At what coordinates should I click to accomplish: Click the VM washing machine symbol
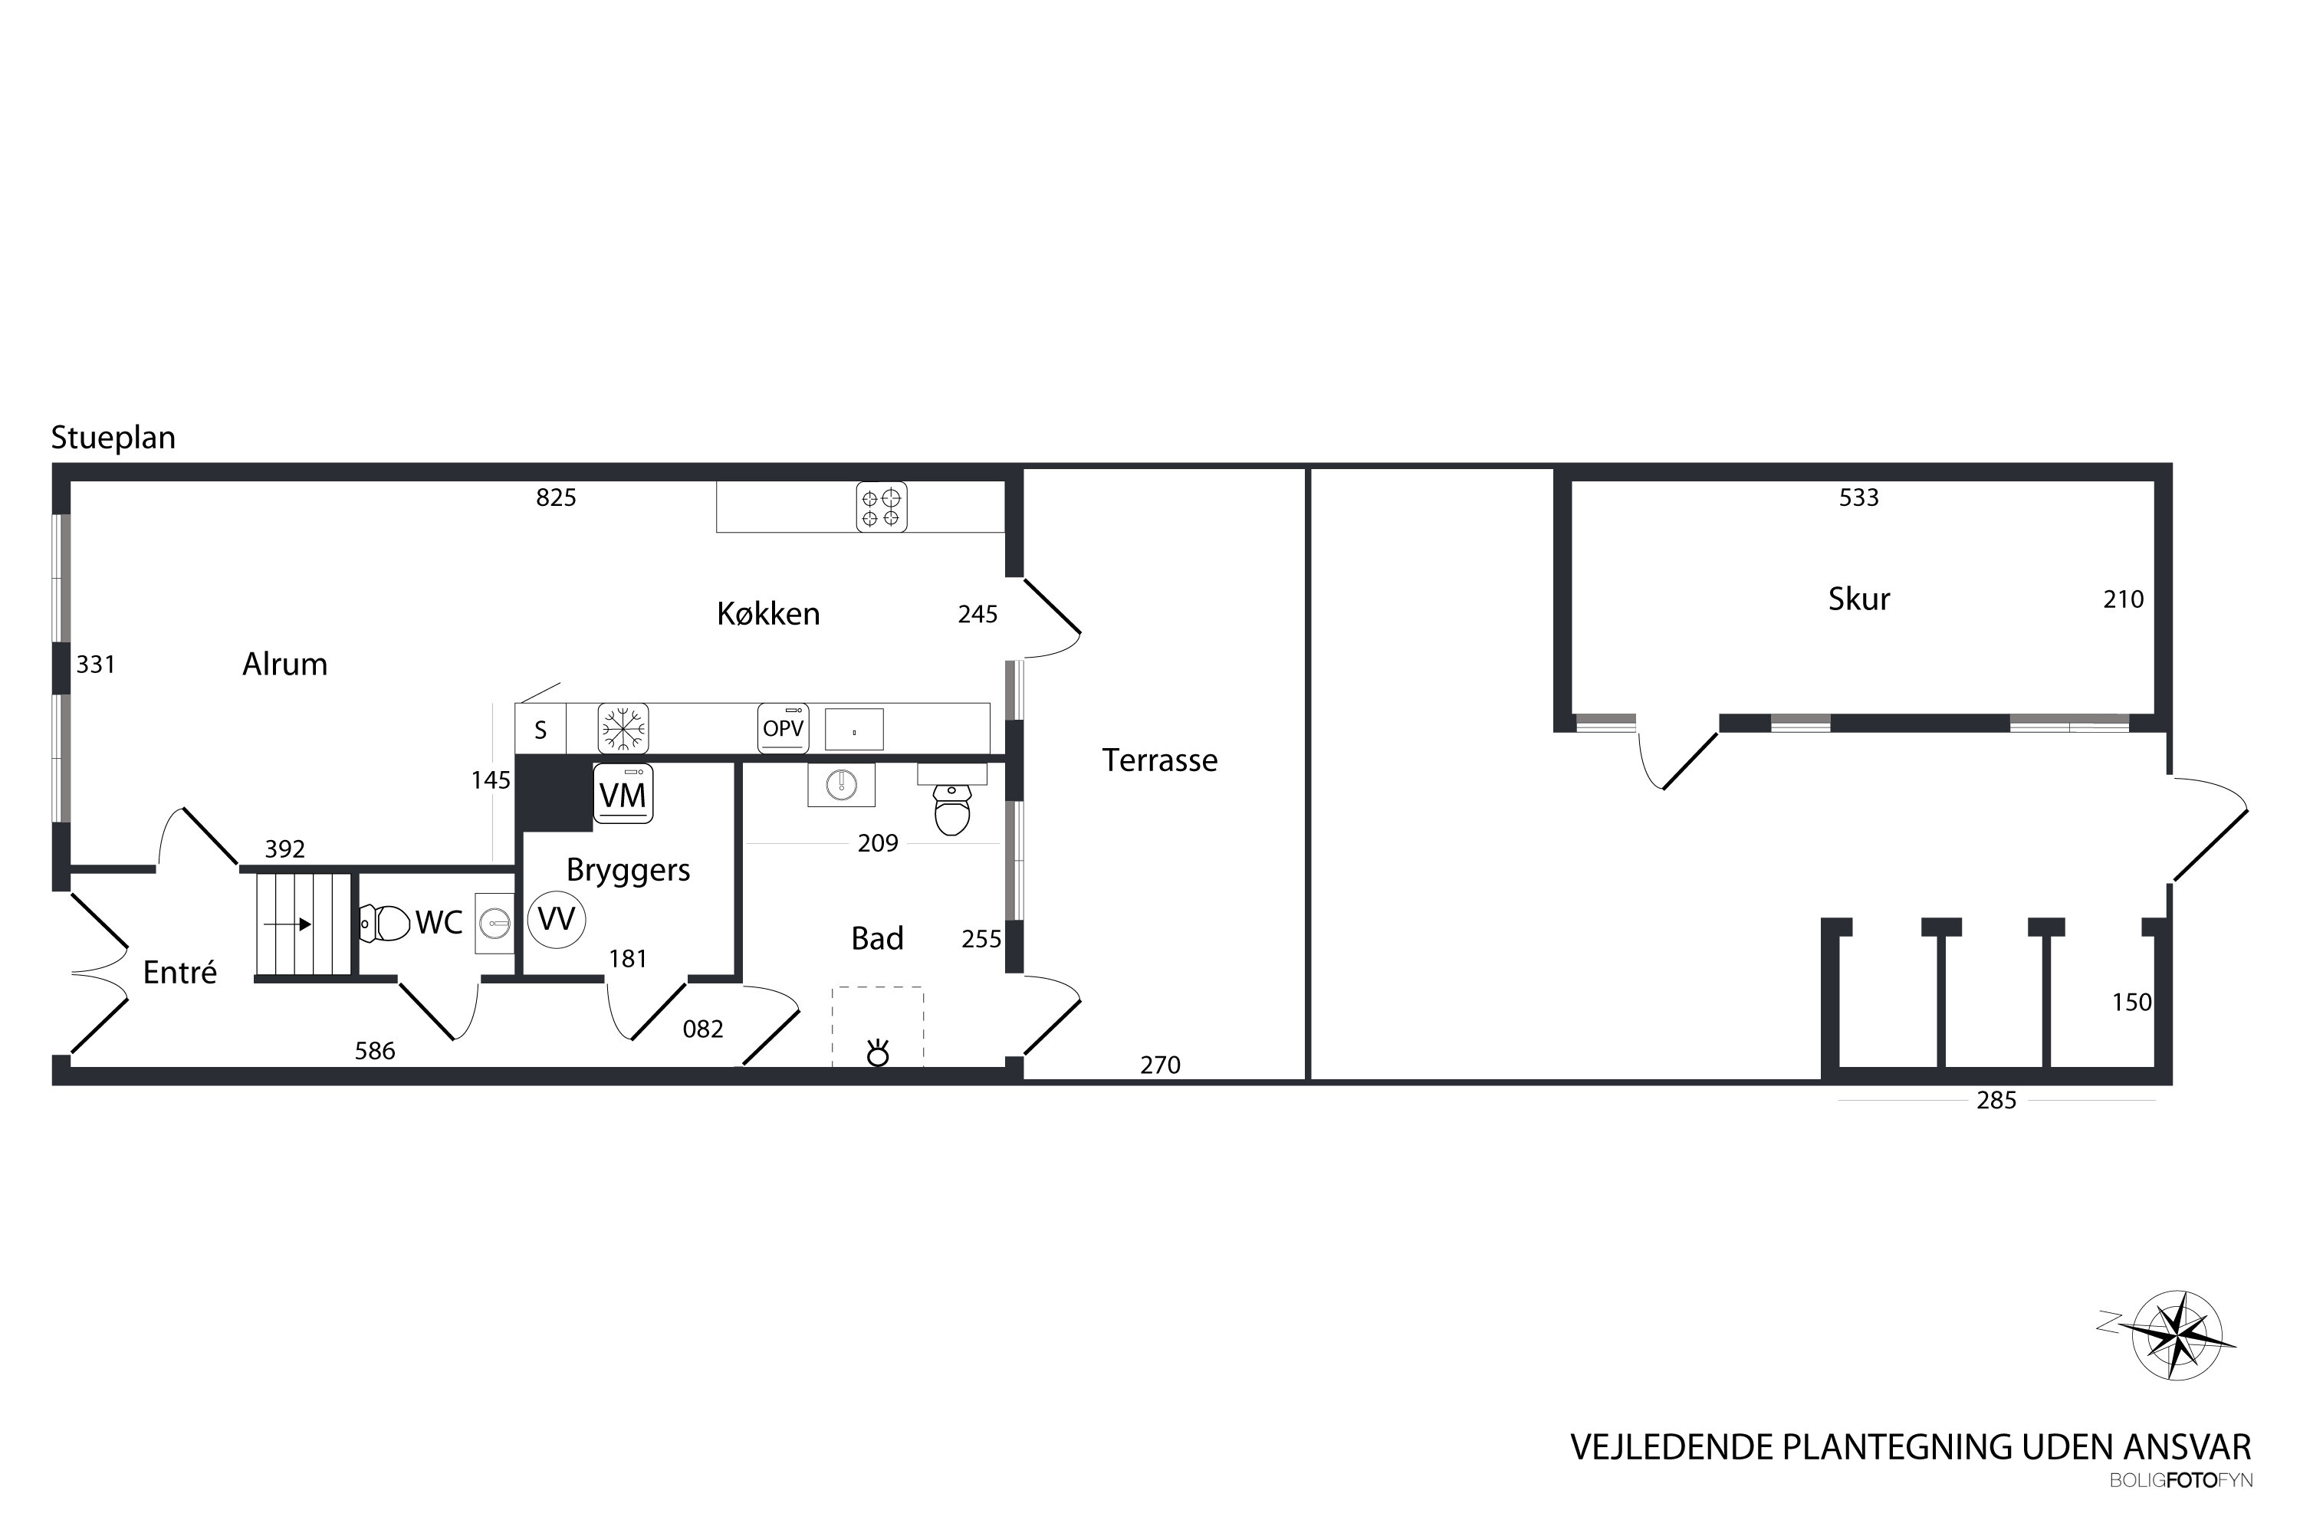point(623,794)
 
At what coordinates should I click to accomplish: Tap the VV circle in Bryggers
point(557,919)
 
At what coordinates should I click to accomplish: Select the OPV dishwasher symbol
point(784,728)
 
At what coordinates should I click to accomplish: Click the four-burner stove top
point(881,507)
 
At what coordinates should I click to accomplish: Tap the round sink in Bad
point(841,784)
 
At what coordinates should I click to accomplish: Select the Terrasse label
point(1160,760)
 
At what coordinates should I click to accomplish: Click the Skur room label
point(1859,599)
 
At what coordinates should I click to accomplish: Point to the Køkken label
point(769,614)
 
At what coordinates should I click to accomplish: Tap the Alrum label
point(284,665)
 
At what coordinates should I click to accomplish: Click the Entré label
point(180,972)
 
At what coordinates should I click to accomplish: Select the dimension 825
point(557,497)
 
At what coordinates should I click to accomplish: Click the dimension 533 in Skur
point(1859,497)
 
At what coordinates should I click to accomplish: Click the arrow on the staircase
point(287,924)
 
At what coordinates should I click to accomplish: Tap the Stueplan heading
point(113,438)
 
